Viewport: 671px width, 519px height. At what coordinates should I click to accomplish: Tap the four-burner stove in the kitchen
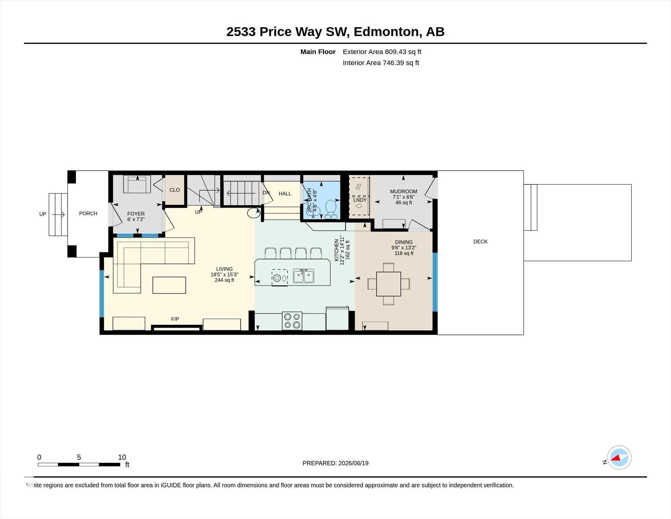point(292,321)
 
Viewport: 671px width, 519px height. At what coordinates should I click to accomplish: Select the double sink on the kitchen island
point(304,276)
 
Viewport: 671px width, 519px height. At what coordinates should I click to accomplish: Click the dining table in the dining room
point(389,284)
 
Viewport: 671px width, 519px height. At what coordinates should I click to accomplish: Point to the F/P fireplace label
point(175,319)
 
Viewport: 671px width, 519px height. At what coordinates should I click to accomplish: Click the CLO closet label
point(174,190)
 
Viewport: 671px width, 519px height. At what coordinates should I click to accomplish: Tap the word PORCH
point(88,213)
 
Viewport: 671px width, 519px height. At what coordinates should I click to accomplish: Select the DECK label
point(480,242)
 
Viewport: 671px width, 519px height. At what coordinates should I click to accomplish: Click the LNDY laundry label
point(360,200)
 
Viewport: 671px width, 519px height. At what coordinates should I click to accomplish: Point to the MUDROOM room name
point(404,191)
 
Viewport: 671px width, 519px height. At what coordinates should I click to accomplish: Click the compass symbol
point(619,458)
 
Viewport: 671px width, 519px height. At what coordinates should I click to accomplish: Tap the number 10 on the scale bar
point(122,457)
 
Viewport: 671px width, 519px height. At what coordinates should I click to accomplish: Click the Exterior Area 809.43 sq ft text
point(382,52)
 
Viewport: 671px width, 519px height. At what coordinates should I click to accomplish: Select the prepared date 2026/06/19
point(354,463)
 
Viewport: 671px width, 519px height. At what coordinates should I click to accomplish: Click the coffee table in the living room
point(169,285)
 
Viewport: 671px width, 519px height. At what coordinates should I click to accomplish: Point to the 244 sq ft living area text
point(224,280)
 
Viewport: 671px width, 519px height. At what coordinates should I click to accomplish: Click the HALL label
point(285,193)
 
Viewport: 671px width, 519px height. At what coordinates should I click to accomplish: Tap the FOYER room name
point(136,214)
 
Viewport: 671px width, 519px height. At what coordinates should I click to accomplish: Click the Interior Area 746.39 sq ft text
point(381,63)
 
